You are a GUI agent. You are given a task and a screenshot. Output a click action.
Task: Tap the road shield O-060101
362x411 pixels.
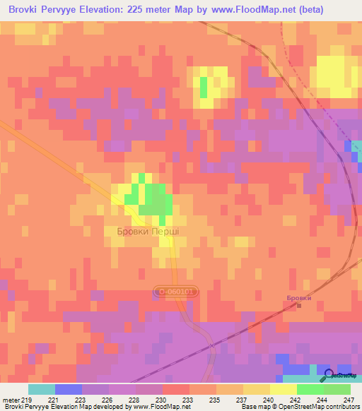175,290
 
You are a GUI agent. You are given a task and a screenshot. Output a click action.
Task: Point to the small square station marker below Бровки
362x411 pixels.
298,306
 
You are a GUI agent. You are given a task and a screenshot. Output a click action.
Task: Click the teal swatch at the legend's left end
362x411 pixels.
42,389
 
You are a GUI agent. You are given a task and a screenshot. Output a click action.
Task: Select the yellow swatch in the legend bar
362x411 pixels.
283,389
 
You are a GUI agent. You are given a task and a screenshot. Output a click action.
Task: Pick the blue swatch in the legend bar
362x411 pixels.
69,389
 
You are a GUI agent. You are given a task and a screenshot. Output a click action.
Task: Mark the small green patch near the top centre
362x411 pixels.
204,87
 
